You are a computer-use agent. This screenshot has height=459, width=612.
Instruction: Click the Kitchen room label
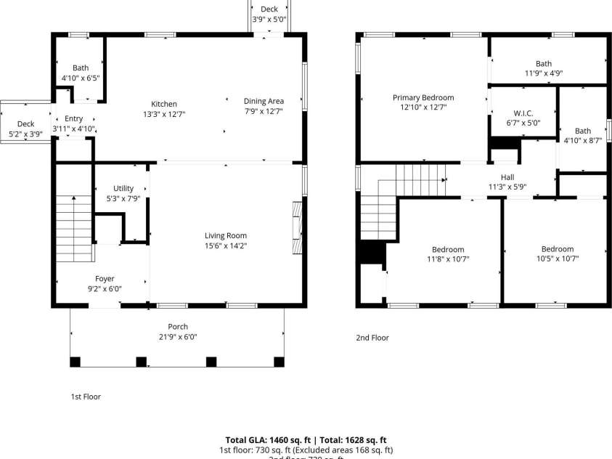click(163, 104)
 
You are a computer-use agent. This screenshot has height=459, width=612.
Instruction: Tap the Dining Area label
click(264, 101)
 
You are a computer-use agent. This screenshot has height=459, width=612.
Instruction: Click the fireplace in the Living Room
click(296, 227)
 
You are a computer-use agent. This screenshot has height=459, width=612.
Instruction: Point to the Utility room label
click(123, 188)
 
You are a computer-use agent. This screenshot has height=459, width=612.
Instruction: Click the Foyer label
click(105, 278)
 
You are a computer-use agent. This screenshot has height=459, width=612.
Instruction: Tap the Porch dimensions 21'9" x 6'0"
click(178, 336)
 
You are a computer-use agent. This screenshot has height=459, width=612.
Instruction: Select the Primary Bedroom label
click(423, 97)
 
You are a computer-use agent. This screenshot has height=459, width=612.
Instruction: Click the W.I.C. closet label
click(523, 113)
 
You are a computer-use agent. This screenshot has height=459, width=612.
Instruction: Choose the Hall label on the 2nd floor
click(507, 176)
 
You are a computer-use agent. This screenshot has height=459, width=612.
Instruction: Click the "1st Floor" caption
click(86, 397)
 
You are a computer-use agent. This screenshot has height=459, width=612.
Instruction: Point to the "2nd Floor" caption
click(372, 337)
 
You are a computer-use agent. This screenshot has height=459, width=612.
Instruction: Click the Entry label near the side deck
click(74, 118)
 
